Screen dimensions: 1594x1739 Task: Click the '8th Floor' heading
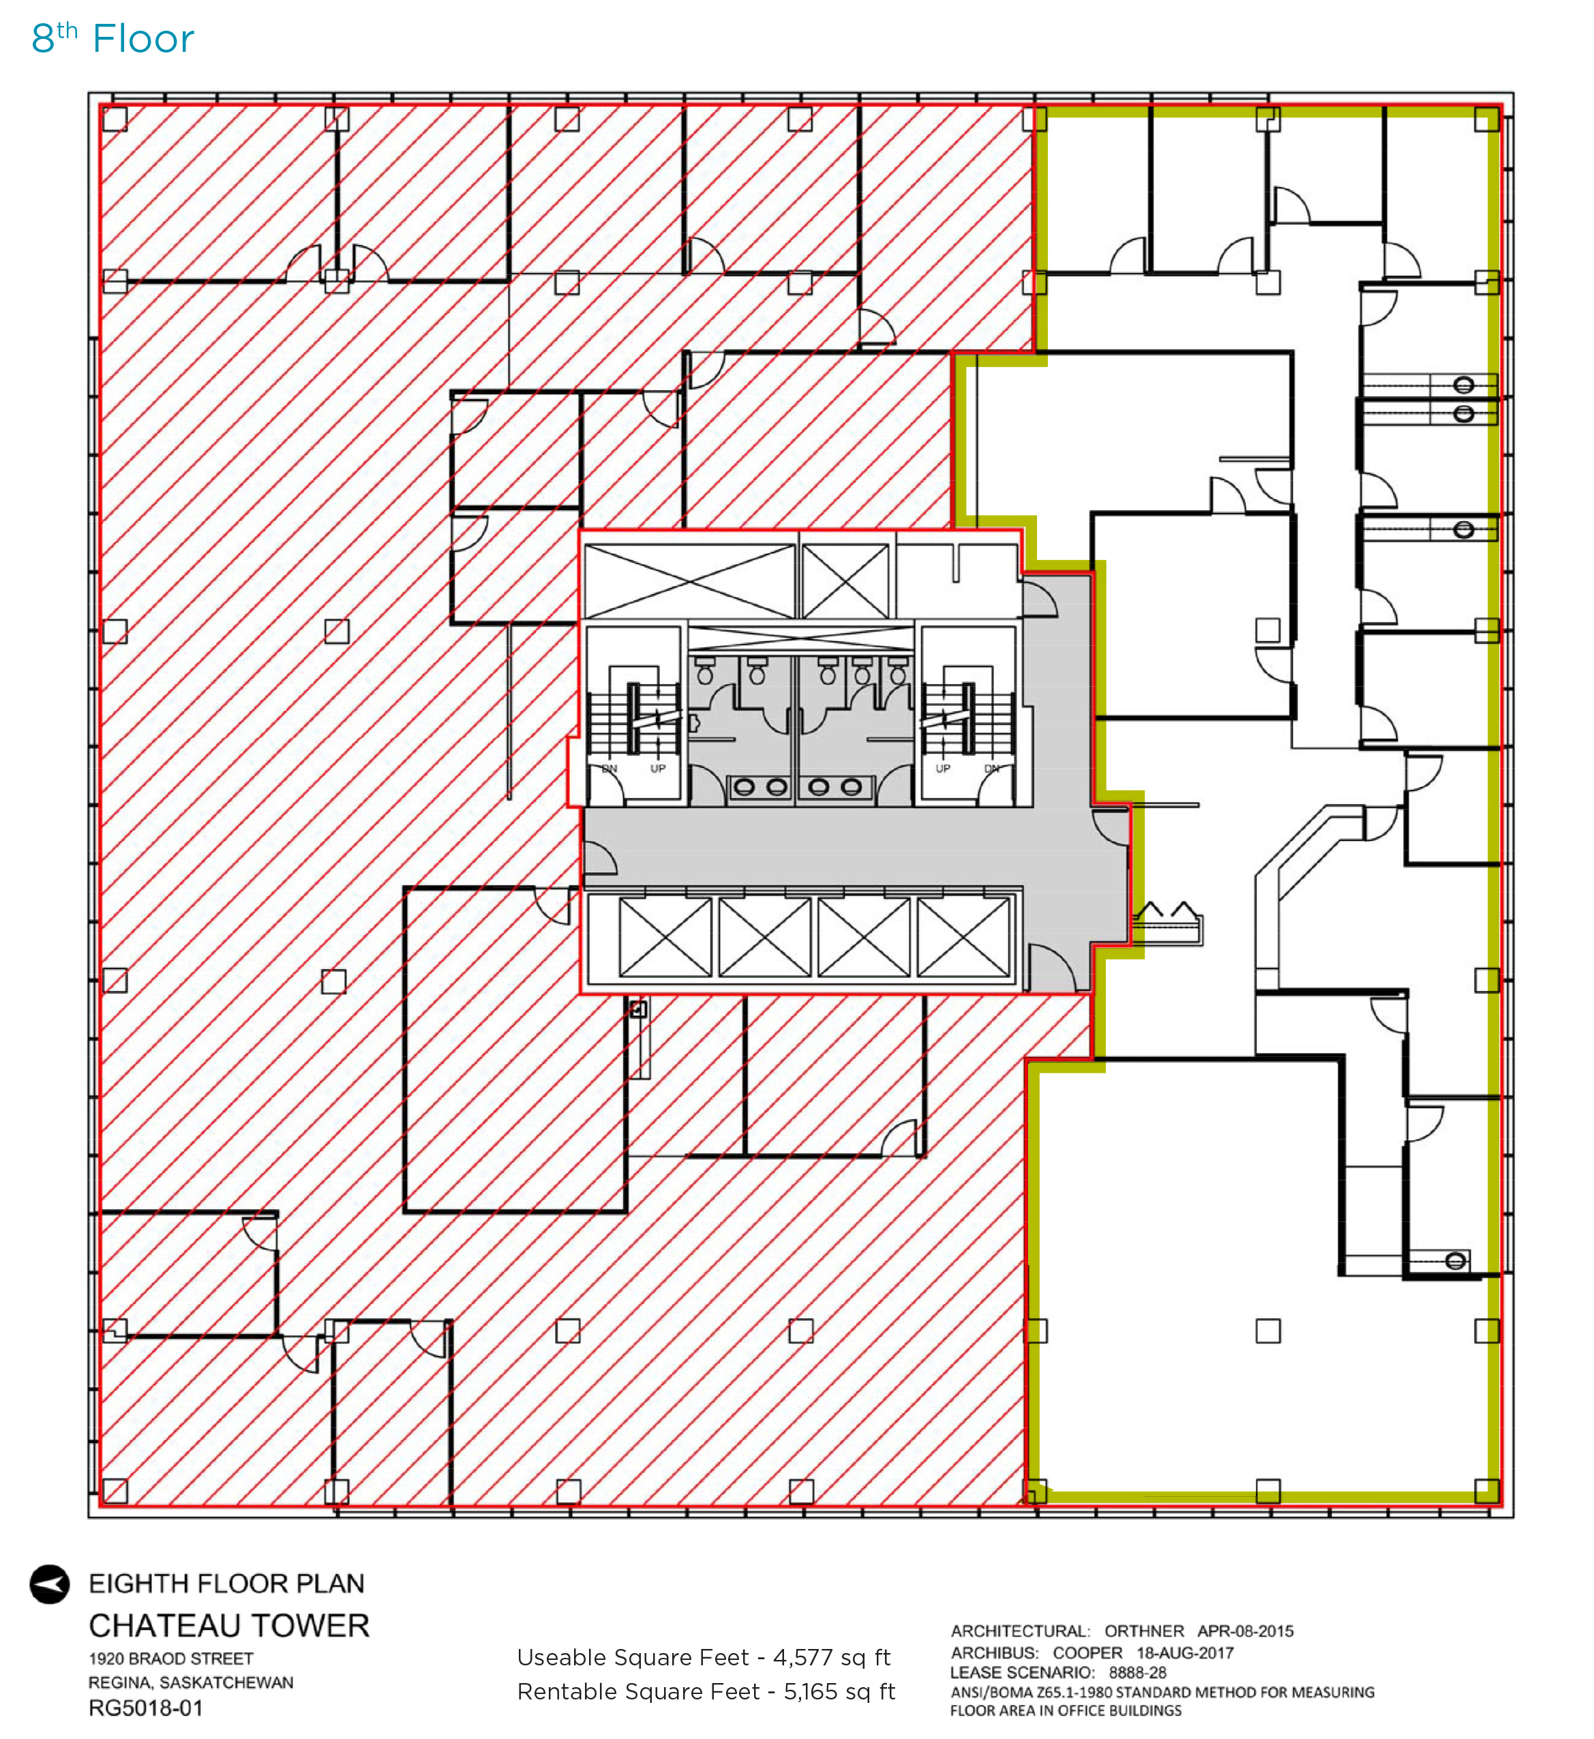click(113, 39)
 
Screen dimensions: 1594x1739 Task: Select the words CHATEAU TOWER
click(230, 1626)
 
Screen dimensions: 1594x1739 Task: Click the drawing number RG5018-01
click(146, 1708)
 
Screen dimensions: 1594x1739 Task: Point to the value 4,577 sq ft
click(832, 1658)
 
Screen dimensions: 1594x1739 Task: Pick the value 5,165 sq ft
click(839, 1691)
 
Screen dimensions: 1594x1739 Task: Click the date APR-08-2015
click(1246, 1631)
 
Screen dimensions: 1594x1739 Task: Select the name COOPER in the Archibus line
click(1087, 1653)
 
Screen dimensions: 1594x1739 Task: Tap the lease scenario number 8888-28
click(1138, 1673)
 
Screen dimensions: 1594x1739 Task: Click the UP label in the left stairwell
click(658, 769)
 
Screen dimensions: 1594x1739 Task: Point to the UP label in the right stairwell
click(943, 769)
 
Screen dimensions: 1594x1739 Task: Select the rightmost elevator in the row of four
click(963, 937)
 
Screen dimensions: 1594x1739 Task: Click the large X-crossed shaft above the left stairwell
click(689, 580)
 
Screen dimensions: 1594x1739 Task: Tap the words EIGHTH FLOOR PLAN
click(227, 1584)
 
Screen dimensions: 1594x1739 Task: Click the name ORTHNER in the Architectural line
click(1144, 1631)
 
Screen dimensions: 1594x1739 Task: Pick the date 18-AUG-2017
click(1185, 1653)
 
